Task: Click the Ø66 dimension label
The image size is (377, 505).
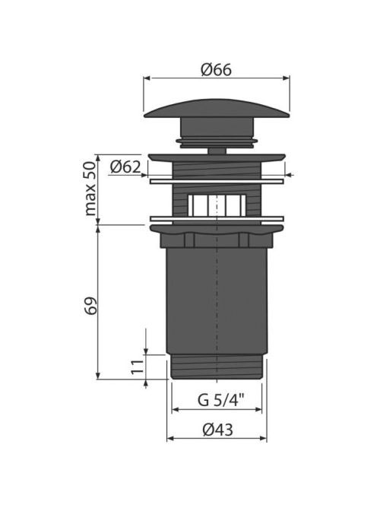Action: (x=216, y=69)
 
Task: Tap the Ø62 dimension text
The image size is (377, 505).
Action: (x=125, y=167)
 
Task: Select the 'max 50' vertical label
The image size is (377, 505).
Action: (x=90, y=189)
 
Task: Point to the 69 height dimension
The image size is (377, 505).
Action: (x=90, y=306)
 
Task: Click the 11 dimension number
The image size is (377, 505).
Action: (x=138, y=367)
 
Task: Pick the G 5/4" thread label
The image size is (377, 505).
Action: (x=221, y=400)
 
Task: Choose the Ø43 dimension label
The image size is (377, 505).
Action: (x=217, y=430)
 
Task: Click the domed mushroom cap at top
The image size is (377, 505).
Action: (x=217, y=109)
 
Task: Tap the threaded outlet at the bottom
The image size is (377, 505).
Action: (x=217, y=367)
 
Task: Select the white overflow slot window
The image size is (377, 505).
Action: (x=217, y=205)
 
